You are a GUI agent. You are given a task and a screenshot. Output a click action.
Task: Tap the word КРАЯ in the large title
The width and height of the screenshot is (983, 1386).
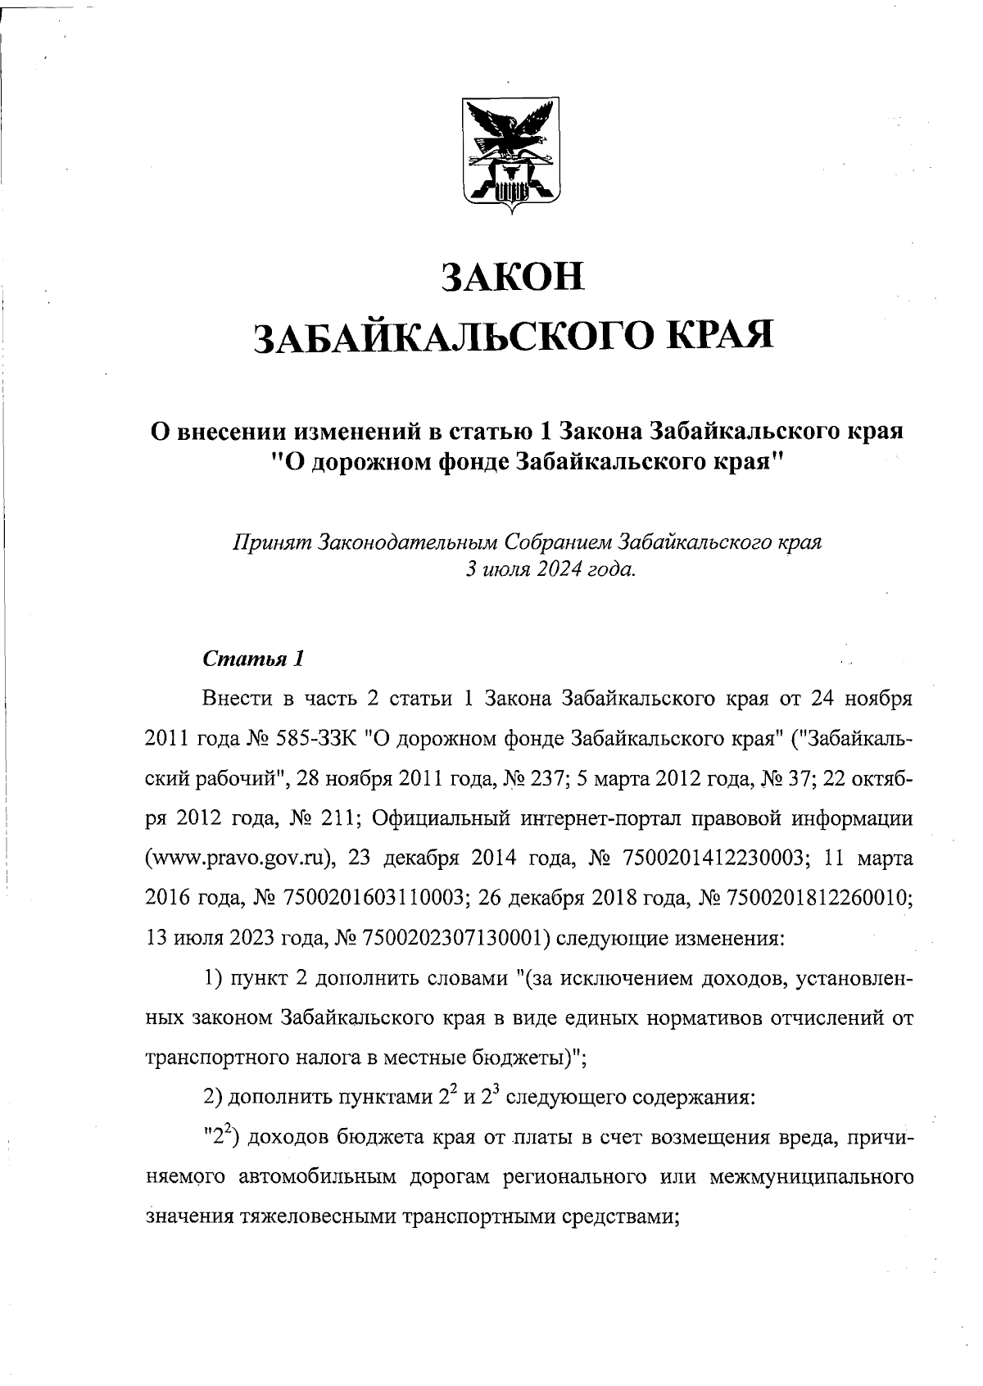(x=722, y=335)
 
